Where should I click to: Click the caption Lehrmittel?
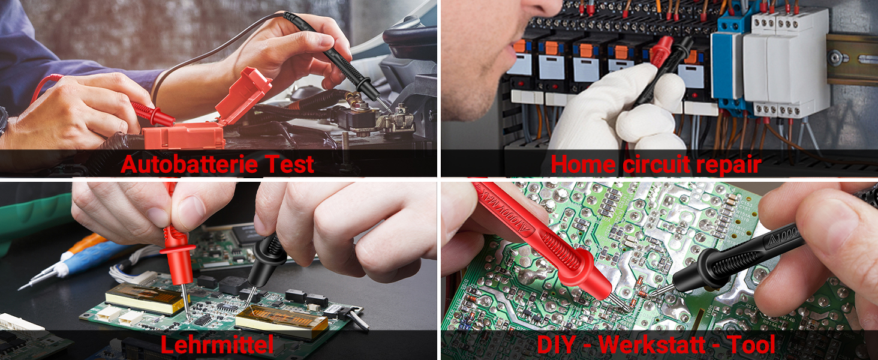coord(217,344)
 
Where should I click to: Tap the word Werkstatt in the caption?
coord(657,344)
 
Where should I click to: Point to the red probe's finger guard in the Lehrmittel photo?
coord(177,247)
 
